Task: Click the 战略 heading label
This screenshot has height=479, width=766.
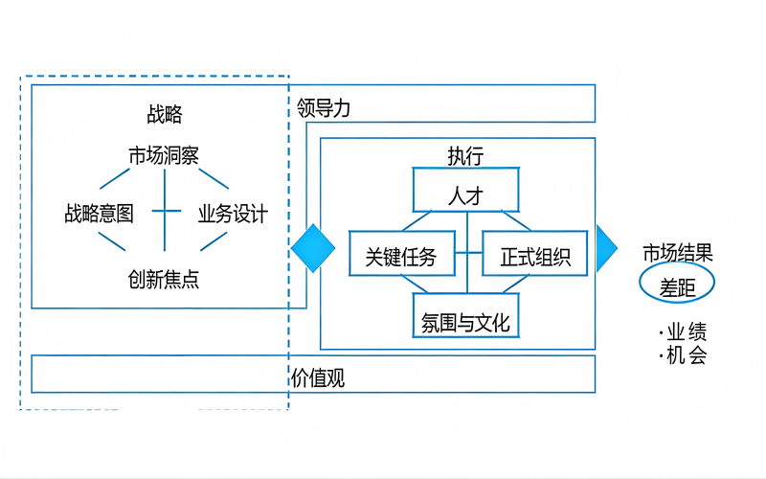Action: click(165, 116)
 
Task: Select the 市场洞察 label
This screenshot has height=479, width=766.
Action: click(164, 155)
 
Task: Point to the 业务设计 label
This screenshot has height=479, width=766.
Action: click(233, 213)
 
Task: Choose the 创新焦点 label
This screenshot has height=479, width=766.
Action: click(164, 279)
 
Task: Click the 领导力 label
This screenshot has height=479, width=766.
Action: click(324, 108)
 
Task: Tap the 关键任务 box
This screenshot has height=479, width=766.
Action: click(401, 256)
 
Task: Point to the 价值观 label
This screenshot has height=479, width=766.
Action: click(317, 378)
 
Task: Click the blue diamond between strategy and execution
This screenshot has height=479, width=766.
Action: click(313, 249)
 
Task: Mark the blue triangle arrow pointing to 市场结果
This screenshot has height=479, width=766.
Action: click(606, 249)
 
